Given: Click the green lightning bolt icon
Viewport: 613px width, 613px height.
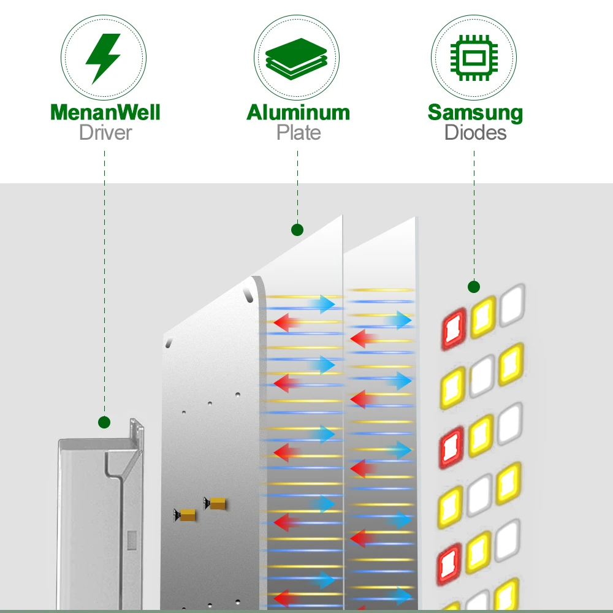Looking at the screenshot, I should pos(103,59).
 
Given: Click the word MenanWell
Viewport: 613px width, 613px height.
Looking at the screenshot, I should pos(105,112).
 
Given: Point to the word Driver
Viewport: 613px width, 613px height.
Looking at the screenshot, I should pos(105,132).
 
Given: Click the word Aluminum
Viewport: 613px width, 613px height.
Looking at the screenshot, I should pos(298,112).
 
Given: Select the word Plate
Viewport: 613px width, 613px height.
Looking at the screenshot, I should pos(298,132).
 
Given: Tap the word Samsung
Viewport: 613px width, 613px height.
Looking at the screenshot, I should pos(475,112).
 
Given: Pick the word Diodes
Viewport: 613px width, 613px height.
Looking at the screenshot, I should pos(475,132).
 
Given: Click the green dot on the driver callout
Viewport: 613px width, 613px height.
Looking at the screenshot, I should pos(104,422).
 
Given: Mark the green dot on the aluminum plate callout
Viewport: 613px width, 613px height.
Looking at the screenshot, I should pos(297,230).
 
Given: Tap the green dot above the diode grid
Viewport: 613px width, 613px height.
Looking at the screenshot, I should pos(473,286).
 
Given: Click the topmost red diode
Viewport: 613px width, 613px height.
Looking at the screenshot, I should pos(454,329).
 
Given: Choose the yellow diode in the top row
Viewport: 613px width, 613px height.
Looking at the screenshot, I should pos(483,317).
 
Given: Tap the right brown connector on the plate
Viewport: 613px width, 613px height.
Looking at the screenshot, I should pos(216,503).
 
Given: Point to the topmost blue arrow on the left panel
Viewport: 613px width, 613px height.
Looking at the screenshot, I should pos(322,303).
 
